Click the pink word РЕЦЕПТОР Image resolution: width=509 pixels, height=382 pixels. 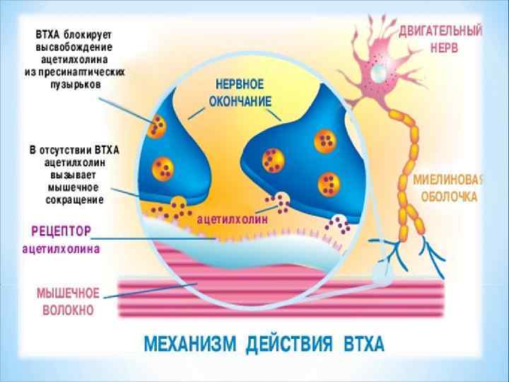pyautogui.click(x=62, y=231)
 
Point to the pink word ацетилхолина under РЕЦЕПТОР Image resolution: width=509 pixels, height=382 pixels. pyautogui.click(x=62, y=248)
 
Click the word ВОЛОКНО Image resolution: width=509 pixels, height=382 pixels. pyautogui.click(x=64, y=310)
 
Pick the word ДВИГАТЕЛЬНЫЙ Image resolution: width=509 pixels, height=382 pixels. pyautogui.click(x=440, y=31)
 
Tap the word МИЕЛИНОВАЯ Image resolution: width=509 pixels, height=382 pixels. pyautogui.click(x=448, y=180)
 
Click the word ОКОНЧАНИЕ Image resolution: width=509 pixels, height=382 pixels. pyautogui.click(x=240, y=101)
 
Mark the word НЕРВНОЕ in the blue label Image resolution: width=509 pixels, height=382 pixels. pyautogui.click(x=240, y=85)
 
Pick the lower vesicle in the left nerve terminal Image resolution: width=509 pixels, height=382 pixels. pyautogui.click(x=162, y=168)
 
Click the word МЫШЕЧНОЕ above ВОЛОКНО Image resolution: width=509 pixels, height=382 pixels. pyautogui.click(x=69, y=294)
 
